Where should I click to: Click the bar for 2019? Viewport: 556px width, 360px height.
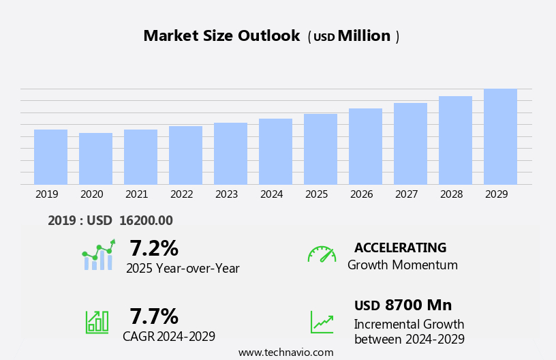pyautogui.click(x=50, y=157)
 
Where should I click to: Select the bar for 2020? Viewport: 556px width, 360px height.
pyautogui.click(x=95, y=159)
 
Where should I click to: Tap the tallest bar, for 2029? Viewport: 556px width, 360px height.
pyautogui.click(x=500, y=136)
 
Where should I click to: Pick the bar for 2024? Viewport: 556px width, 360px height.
pyautogui.click(x=275, y=151)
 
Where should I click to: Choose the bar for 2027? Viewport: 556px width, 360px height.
pyautogui.click(x=410, y=144)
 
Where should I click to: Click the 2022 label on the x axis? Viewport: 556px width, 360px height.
pyautogui.click(x=181, y=194)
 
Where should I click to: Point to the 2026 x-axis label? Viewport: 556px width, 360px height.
pyautogui.click(x=361, y=194)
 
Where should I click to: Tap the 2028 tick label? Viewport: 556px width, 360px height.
pyautogui.click(x=451, y=194)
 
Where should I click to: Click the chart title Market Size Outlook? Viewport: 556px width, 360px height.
pyautogui.click(x=221, y=36)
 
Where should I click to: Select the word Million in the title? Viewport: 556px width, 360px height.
pyautogui.click(x=364, y=36)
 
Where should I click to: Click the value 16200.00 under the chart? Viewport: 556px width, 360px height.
pyautogui.click(x=146, y=220)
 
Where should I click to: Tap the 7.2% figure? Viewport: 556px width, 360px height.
pyautogui.click(x=153, y=248)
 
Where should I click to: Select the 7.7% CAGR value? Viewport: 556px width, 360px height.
pyautogui.click(x=153, y=316)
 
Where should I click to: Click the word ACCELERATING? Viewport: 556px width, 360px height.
pyautogui.click(x=400, y=248)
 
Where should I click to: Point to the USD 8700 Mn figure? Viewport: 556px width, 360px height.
pyautogui.click(x=403, y=305)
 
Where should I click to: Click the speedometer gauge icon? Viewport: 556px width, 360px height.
pyautogui.click(x=322, y=254)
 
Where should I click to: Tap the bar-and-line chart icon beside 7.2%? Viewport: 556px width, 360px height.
pyautogui.click(x=98, y=255)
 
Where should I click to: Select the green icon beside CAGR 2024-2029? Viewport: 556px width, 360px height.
pyautogui.click(x=97, y=321)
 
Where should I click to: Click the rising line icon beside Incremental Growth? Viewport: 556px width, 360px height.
pyautogui.click(x=322, y=322)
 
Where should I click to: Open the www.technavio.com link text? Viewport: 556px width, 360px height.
pyautogui.click(x=285, y=352)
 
